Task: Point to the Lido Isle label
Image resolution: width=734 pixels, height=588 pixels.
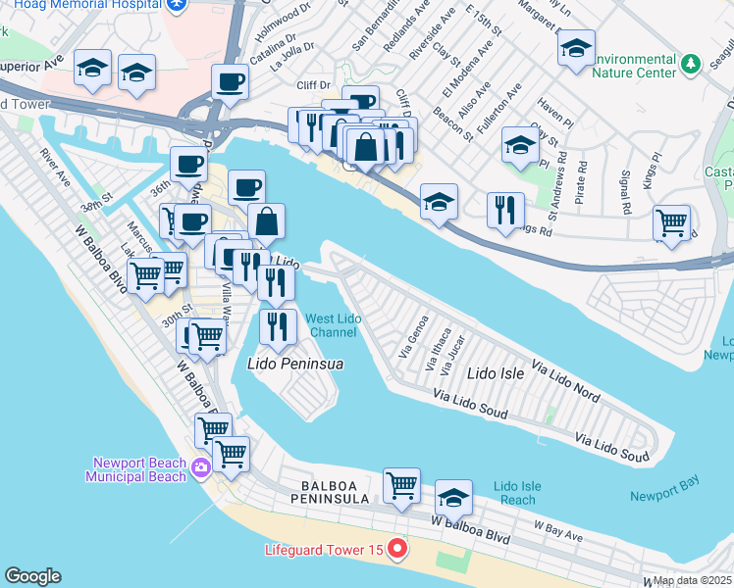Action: tap(496, 373)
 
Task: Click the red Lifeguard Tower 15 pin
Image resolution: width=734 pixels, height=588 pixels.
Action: tap(396, 549)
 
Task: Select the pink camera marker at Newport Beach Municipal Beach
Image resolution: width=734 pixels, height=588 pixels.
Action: tap(202, 466)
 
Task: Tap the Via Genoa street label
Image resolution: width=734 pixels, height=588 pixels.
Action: tap(412, 333)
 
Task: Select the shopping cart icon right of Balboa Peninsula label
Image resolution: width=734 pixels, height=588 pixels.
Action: tap(401, 485)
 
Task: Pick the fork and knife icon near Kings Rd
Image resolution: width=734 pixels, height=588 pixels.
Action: tap(505, 210)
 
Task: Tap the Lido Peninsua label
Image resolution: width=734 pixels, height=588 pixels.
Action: tap(294, 365)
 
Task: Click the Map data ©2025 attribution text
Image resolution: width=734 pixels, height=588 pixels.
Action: tap(692, 580)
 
